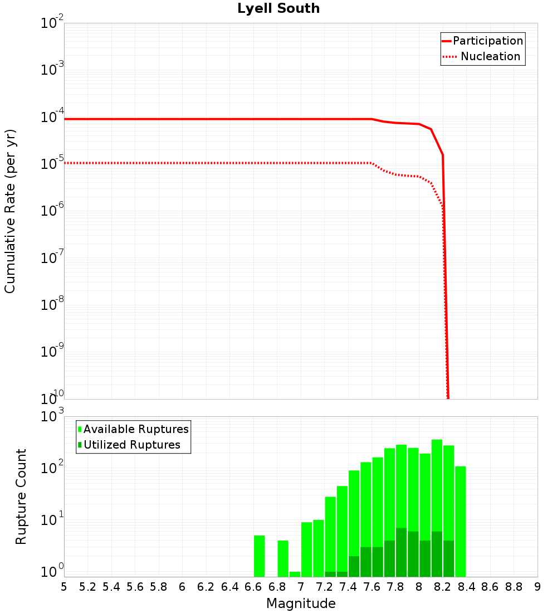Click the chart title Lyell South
point(278,9)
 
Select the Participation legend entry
point(487,41)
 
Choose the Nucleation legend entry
point(490,56)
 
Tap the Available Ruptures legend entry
point(136,429)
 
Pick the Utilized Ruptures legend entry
point(131,445)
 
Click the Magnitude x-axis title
point(301,604)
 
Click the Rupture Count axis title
point(21,497)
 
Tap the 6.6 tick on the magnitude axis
point(253,587)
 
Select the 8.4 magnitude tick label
point(467,587)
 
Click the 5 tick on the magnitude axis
point(64,587)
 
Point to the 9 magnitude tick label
point(538,587)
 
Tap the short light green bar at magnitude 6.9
point(295,574)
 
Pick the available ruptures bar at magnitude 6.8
point(283,558)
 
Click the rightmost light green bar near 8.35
point(460,522)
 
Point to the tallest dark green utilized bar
point(401,552)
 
